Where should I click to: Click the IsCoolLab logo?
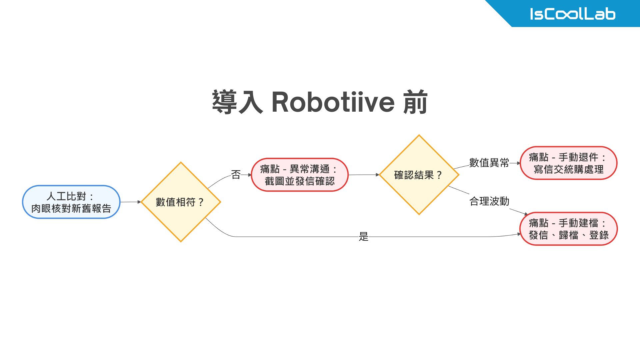click(572, 14)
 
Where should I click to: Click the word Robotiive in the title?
click(333, 102)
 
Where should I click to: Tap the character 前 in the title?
click(415, 102)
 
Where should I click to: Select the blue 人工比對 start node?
click(71, 202)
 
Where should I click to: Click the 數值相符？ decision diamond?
click(181, 202)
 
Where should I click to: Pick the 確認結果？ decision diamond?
click(419, 175)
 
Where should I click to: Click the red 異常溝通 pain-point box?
click(299, 175)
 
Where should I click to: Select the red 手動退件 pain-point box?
click(568, 163)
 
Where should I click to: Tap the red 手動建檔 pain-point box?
click(568, 229)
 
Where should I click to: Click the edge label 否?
click(236, 174)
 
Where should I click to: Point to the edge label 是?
click(363, 237)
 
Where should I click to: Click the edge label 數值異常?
click(489, 163)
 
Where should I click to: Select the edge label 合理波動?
click(489, 201)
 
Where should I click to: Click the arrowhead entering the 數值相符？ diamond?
click(139, 202)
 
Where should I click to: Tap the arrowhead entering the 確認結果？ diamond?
click(378, 175)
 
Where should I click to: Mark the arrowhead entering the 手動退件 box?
click(518, 163)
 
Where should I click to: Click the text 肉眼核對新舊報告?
click(71, 208)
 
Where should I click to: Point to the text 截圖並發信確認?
click(299, 181)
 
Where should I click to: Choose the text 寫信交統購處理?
click(568, 169)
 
